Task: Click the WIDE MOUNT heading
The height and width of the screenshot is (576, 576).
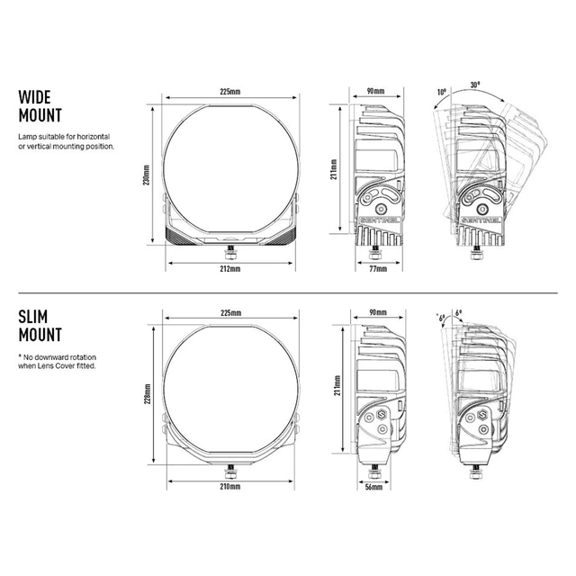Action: (x=40, y=106)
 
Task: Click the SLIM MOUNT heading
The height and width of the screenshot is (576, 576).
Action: (x=40, y=326)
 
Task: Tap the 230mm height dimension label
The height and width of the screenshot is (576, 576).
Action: (x=147, y=175)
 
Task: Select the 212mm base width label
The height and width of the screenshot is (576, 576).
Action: (x=230, y=269)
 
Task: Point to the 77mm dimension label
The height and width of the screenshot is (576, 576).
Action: (x=378, y=269)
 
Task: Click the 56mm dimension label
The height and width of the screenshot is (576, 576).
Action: (x=373, y=487)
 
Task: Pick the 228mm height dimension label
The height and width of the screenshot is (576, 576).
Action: (x=148, y=394)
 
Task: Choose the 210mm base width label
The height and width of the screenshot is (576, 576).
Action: (x=230, y=487)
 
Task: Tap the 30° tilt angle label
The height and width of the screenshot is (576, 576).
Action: (x=475, y=85)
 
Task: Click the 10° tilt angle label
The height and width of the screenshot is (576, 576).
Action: (x=442, y=92)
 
